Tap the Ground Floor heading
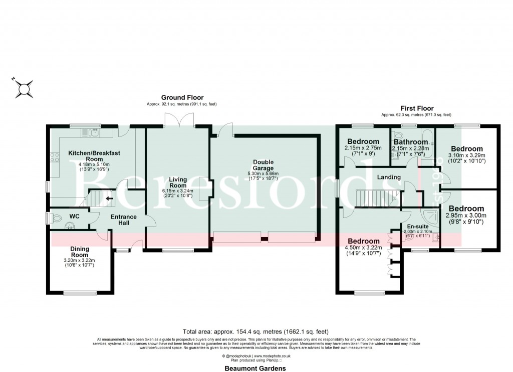(182, 97)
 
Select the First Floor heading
(417, 108)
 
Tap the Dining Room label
(79, 251)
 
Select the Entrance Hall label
(124, 219)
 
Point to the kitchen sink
(94, 132)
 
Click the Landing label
(389, 177)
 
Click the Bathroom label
(410, 142)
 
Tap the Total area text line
(256, 331)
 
